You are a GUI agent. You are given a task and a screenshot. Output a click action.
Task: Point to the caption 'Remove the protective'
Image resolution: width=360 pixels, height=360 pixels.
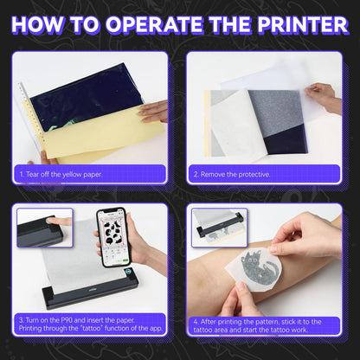click(232, 174)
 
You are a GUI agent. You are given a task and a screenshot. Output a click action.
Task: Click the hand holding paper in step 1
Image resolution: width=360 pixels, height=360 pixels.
click(153, 111)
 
